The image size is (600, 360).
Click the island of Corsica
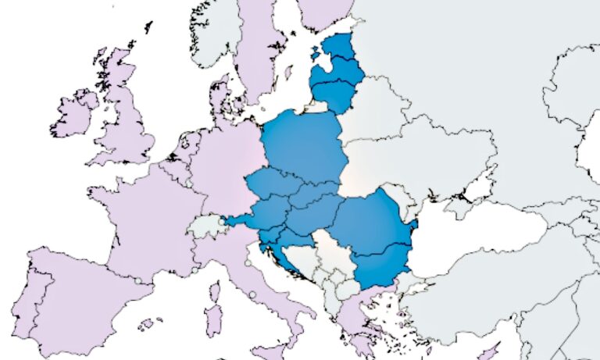click(216, 293)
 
